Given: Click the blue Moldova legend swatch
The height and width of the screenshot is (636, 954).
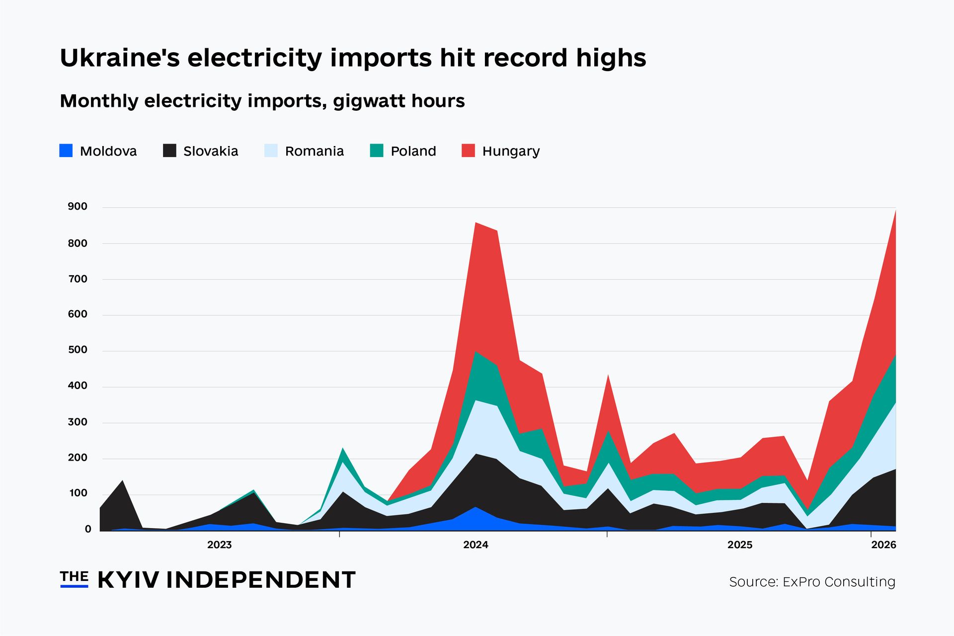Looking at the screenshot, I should coord(66,151).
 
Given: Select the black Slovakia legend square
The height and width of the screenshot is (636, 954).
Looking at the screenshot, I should coord(169,151).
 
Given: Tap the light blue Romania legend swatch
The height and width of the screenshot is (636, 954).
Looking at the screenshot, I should coord(271,151).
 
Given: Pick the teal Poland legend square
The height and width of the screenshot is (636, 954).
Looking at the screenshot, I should coord(377,151).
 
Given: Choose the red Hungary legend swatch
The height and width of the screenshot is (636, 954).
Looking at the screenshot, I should coord(468,151).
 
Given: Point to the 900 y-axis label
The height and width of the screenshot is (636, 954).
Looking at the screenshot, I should coord(78,207).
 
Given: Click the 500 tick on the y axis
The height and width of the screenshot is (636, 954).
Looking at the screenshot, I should coord(78,350).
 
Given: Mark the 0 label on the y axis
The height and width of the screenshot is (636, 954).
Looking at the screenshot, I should coord(88,530).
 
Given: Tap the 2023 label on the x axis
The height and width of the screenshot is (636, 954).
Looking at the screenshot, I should coord(219,545).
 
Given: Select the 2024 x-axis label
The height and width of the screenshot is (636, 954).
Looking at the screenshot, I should coord(476,545).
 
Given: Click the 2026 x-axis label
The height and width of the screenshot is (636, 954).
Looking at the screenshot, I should coord(883,545).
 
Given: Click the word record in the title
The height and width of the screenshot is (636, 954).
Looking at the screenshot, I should coord(525,58).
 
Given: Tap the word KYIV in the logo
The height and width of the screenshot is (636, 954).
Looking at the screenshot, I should coord(129,580).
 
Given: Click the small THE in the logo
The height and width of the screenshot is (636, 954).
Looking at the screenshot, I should coord(74,576).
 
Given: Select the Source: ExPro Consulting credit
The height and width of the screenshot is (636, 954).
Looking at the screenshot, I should coord(812,582).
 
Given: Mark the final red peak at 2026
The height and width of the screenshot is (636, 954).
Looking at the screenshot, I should coord(895,211).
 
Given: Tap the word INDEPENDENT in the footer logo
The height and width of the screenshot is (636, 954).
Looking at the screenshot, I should coord(260,580).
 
